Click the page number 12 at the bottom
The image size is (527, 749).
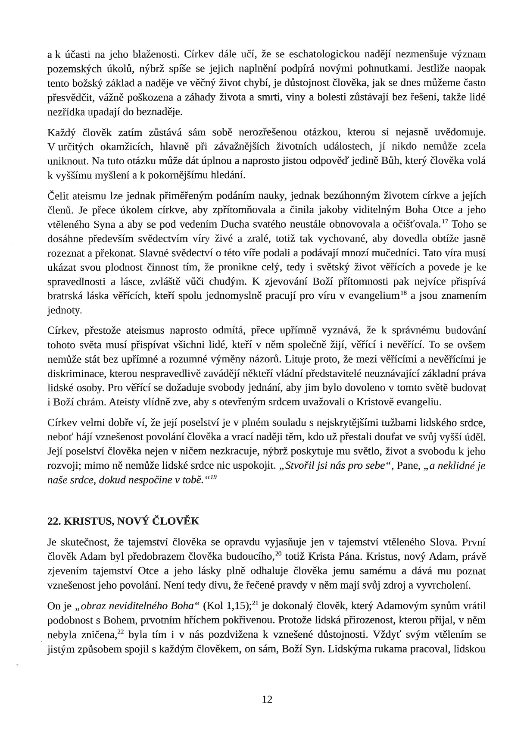[267, 699]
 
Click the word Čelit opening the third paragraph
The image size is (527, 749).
[59, 196]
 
